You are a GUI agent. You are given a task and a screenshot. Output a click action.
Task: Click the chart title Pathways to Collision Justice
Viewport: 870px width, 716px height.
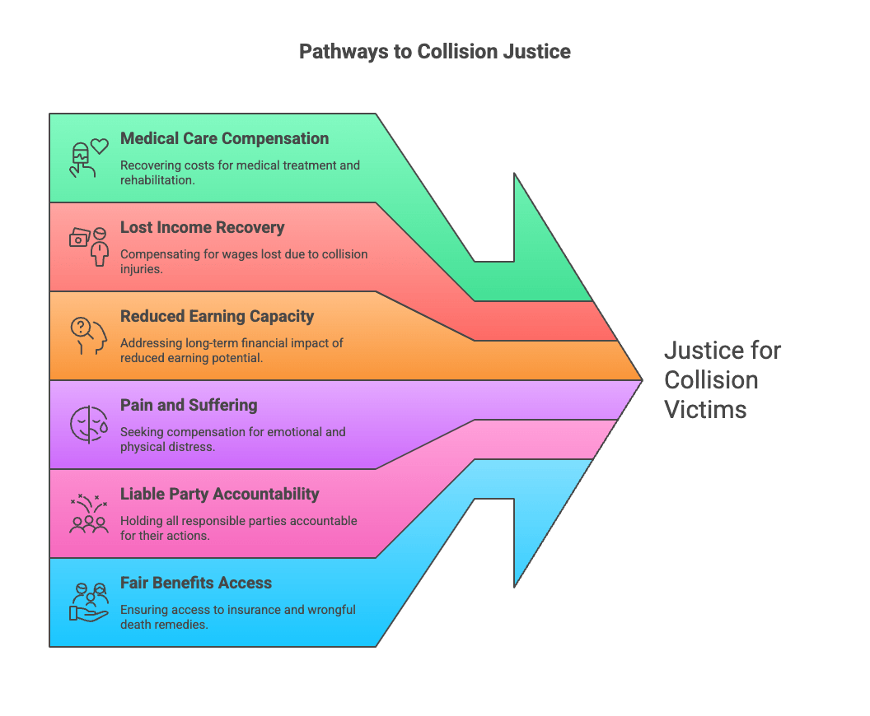click(x=434, y=51)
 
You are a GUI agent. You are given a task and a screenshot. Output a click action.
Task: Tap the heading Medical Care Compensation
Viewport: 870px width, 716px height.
click(x=224, y=138)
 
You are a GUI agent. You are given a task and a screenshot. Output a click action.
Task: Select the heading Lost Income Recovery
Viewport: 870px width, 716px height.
click(x=202, y=227)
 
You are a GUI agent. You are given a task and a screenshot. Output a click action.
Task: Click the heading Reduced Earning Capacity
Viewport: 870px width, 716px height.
click(x=217, y=316)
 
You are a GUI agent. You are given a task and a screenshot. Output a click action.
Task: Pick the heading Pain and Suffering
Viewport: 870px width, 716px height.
click(x=189, y=405)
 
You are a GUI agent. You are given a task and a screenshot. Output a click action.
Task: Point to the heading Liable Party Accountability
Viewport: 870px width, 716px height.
click(x=219, y=494)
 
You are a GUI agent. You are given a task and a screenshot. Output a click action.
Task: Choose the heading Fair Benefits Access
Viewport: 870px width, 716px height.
click(x=196, y=583)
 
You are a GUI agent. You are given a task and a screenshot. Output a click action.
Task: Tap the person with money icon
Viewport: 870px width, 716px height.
click(x=88, y=246)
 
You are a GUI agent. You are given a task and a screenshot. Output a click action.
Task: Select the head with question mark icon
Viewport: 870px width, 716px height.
click(x=88, y=335)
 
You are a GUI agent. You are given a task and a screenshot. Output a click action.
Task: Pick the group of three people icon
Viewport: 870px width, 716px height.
click(x=88, y=514)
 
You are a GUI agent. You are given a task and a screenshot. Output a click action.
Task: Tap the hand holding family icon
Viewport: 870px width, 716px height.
click(x=88, y=602)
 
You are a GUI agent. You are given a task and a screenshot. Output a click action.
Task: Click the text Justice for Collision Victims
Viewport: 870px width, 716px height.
click(x=723, y=379)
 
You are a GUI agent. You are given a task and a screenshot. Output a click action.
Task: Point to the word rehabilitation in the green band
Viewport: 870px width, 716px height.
click(x=157, y=179)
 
